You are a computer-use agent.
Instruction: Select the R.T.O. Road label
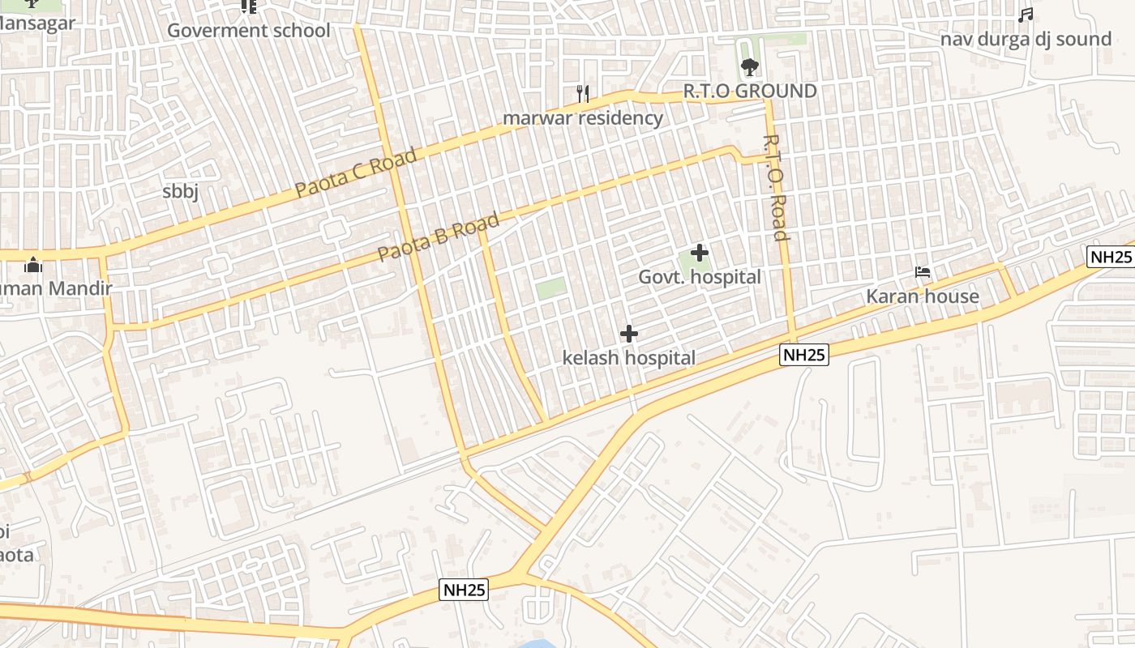point(775,188)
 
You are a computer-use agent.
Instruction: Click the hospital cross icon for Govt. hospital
point(699,253)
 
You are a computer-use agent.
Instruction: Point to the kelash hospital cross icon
point(628,333)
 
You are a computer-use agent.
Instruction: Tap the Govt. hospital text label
point(700,277)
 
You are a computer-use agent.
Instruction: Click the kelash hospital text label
point(629,357)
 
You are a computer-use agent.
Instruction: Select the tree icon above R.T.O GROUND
point(749,66)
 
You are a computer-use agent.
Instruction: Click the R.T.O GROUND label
point(750,91)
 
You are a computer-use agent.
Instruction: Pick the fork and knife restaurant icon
point(582,93)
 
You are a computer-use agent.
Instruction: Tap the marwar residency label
point(583,118)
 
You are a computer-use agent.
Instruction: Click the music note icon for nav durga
point(1026,15)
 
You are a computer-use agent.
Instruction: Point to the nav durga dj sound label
point(1026,39)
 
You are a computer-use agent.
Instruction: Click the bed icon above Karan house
point(923,272)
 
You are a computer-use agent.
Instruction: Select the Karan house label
point(923,296)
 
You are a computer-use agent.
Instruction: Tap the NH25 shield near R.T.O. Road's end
point(804,354)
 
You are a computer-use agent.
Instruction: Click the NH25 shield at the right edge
point(1110,257)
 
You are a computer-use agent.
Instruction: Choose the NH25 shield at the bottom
point(464,590)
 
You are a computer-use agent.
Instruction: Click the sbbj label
point(180,191)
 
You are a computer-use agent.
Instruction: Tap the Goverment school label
point(249,31)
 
